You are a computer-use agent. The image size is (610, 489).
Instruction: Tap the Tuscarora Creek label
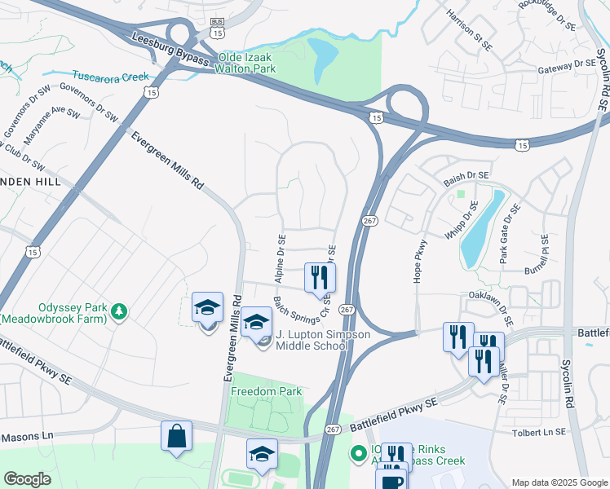(x=111, y=77)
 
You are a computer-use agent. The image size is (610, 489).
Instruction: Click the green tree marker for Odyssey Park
(x=119, y=311)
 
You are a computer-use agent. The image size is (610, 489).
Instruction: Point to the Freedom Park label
(x=266, y=391)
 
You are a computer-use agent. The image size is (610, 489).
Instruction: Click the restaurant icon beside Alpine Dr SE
(x=319, y=277)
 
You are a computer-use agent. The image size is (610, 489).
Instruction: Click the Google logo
(x=27, y=479)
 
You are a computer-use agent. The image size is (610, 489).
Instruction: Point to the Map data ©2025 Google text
(x=558, y=482)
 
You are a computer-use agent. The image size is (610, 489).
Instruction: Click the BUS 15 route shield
(x=217, y=28)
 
